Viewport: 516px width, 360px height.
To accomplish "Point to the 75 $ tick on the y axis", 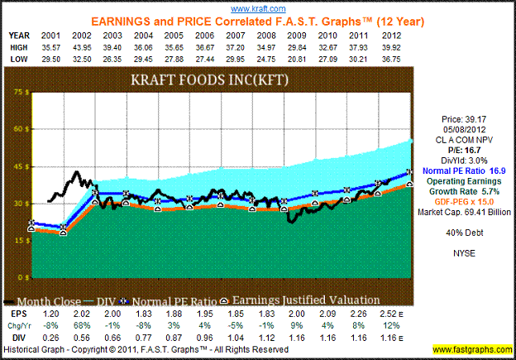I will click(x=13, y=94).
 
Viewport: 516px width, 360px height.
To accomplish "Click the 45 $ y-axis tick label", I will click(x=13, y=166).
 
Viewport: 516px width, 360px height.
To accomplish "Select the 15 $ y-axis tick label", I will click(x=13, y=240).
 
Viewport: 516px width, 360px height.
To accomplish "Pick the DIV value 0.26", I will click(x=50, y=338).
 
